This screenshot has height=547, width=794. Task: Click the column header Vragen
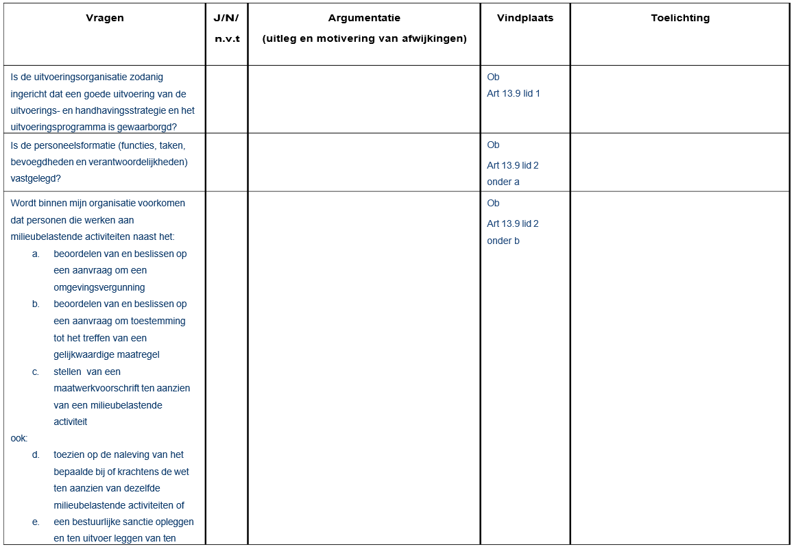pos(105,19)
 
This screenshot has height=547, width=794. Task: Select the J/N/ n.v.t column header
pos(227,28)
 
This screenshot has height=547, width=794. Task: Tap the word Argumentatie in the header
pos(364,19)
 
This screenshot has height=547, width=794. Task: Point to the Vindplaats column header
pos(525,19)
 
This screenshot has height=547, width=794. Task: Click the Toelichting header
pos(680,19)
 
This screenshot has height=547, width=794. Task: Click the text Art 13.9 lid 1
pos(514,94)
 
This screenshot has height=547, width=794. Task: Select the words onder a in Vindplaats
pos(503,182)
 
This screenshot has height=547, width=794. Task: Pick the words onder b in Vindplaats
pos(503,241)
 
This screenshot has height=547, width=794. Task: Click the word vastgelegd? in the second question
pos(36,179)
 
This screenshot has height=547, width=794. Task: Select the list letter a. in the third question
pos(36,254)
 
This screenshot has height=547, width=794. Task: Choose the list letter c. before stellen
pos(36,372)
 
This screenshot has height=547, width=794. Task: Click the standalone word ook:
pos(19,437)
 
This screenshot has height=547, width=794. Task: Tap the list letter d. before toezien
pos(36,455)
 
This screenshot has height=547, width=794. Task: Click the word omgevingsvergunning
pos(99,288)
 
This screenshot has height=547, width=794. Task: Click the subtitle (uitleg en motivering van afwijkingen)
pos(364,39)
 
